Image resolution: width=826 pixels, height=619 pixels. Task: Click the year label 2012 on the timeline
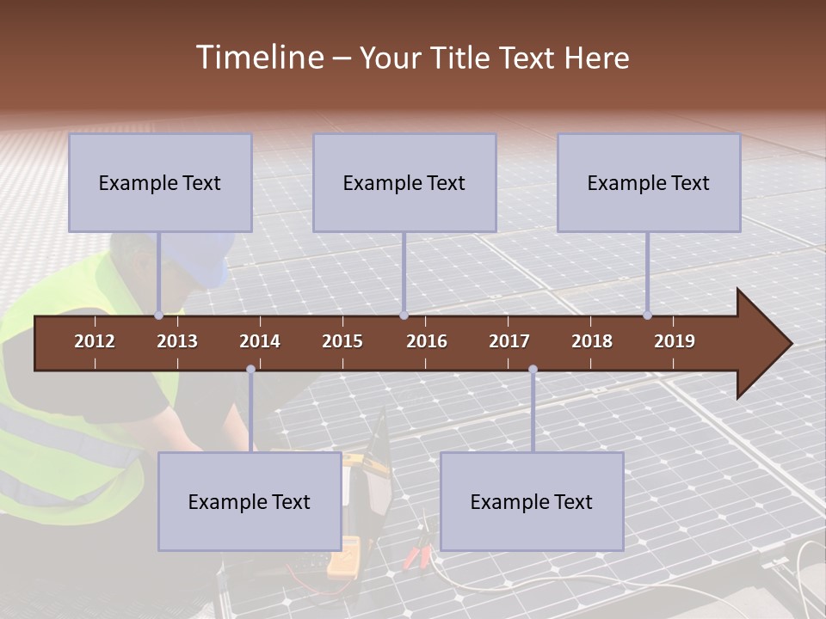(95, 341)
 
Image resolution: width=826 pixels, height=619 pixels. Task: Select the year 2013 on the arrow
(177, 341)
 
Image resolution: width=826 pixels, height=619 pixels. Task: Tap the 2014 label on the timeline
(260, 341)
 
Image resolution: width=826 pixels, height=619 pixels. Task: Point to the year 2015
(342, 341)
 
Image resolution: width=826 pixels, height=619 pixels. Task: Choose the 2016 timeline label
(427, 341)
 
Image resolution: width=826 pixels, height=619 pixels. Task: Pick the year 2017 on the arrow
(509, 341)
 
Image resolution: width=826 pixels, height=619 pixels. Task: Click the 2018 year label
(592, 341)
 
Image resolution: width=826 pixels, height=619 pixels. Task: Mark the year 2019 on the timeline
(675, 341)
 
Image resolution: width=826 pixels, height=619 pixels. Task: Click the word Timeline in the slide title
(258, 58)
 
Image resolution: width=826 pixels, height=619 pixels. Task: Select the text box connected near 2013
(160, 182)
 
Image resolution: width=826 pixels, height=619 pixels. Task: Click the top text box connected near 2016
(404, 182)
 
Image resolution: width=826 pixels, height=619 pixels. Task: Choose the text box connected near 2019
(649, 182)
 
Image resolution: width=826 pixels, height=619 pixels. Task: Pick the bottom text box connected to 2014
(250, 501)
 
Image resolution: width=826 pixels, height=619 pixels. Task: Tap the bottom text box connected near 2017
(532, 501)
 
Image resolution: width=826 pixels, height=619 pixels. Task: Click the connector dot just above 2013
(159, 316)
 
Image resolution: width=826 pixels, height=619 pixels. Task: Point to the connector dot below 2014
(250, 370)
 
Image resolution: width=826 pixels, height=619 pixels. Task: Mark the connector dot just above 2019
(647, 316)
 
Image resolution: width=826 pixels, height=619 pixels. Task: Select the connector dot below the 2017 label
(533, 370)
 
